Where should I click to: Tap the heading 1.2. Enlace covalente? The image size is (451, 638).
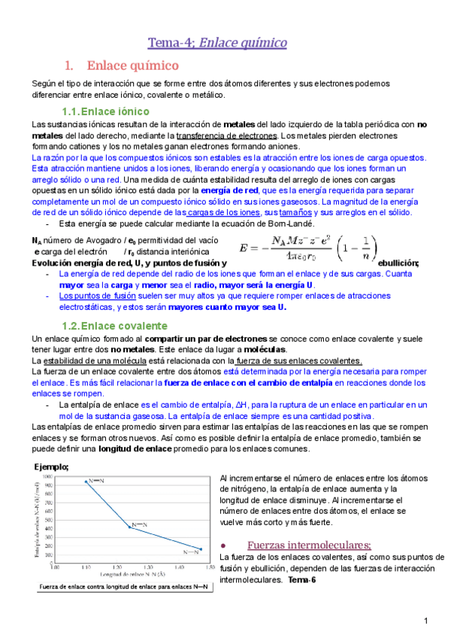tap(114, 326)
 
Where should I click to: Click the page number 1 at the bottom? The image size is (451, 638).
tap(425, 621)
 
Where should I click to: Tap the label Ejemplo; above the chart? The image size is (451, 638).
tap(50, 466)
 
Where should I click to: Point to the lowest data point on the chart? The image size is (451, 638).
tap(200, 549)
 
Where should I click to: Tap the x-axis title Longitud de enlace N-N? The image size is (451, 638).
tap(132, 574)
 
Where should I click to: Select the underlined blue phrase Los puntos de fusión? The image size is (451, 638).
tap(90, 296)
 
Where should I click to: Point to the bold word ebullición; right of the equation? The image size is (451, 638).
tap(398, 263)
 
